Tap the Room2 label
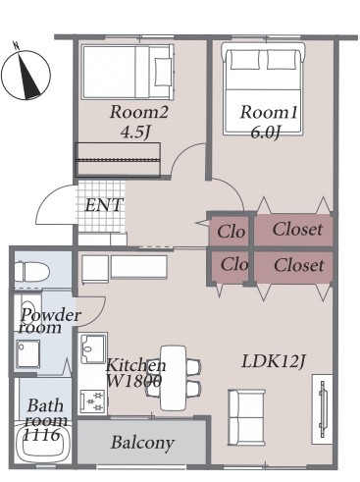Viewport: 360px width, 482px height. tap(139, 112)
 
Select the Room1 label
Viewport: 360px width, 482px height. tap(269, 112)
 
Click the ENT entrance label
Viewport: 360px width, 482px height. tap(104, 205)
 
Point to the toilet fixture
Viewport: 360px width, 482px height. tap(32, 271)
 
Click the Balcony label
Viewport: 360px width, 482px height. tap(142, 443)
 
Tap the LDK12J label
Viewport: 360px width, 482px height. tap(274, 361)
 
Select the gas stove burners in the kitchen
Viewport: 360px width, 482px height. tap(92, 402)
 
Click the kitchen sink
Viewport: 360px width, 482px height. tap(93, 348)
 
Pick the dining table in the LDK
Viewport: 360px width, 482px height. tap(174, 378)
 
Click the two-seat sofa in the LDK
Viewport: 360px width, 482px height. tap(246, 417)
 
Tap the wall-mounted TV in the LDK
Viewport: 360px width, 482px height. tap(323, 409)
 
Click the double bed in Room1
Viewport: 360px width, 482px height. tap(263, 88)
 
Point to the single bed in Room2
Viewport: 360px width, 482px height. tap(128, 72)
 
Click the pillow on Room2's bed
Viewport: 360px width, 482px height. tap(163, 73)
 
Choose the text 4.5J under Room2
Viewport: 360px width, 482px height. tap(136, 132)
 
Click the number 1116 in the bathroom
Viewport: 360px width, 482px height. tap(42, 435)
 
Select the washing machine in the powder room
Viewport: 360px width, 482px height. tap(28, 352)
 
